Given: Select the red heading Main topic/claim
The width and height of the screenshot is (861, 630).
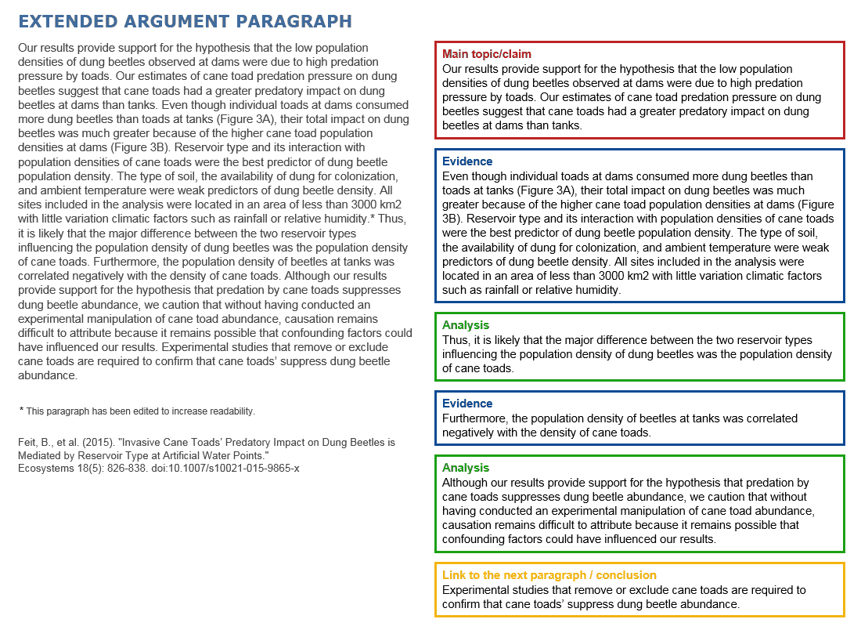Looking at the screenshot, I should [486, 54].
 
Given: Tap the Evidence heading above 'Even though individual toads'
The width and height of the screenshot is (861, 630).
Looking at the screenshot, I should [467, 161].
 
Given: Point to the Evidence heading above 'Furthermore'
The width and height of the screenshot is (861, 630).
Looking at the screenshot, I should [467, 404].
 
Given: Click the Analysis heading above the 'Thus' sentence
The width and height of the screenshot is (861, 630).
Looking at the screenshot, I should [465, 325].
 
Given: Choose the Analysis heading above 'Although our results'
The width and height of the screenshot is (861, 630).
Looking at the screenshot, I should [465, 468].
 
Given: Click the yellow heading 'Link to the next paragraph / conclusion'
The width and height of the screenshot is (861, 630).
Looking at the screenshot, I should [549, 575].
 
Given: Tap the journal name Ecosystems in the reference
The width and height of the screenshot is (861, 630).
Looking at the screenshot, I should [45, 468].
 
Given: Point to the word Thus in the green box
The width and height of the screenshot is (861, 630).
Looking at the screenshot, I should [454, 340].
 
